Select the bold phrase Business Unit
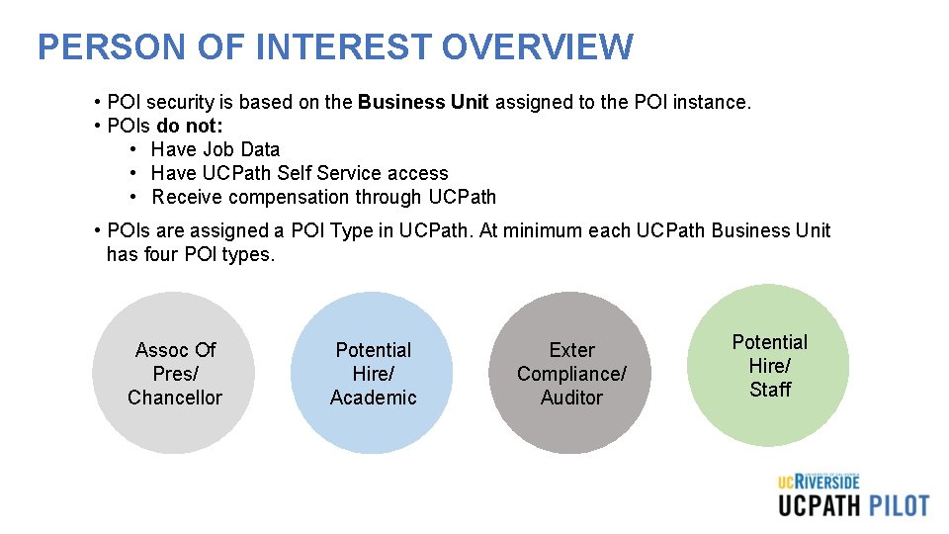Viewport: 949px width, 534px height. point(423,102)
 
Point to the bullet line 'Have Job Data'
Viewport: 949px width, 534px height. point(216,149)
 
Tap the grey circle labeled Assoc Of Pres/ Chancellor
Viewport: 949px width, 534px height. point(175,374)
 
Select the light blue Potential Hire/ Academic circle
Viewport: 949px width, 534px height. point(373,374)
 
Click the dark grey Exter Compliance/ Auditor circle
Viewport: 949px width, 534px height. point(571,374)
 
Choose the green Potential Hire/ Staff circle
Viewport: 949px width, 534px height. point(769,366)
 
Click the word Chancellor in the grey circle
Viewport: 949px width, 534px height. point(175,398)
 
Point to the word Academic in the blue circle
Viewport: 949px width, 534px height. point(374,398)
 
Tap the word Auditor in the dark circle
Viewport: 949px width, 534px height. point(571,398)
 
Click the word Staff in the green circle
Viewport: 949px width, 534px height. point(770,390)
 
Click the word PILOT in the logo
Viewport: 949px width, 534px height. point(899,505)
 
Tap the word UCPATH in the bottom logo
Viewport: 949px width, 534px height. point(819,505)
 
